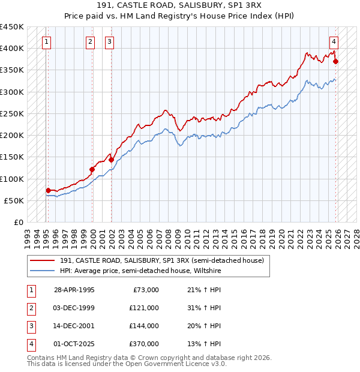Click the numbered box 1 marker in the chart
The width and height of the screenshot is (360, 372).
coord(47,41)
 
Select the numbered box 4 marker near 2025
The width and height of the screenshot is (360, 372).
coord(334,41)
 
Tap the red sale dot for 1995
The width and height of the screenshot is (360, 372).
coord(48,190)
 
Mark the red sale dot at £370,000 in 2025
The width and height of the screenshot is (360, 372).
coord(335,61)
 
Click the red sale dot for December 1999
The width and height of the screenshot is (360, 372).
coord(92,169)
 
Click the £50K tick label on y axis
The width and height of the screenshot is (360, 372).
coord(14,200)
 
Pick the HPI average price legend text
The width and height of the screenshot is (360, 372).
coord(140,271)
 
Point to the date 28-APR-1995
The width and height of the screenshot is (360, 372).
coord(74,289)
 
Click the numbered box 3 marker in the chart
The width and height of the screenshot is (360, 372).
coord(110,41)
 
